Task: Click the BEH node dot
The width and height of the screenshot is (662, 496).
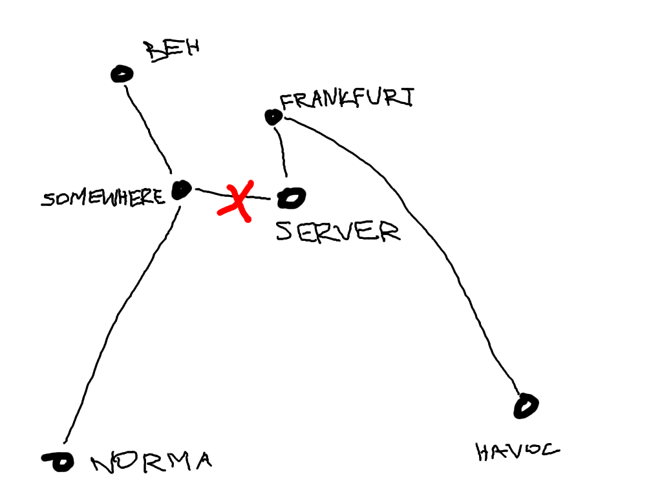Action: (x=121, y=74)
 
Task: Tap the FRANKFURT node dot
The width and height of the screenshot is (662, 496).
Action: (x=273, y=117)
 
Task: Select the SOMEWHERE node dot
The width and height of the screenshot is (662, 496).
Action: (x=182, y=190)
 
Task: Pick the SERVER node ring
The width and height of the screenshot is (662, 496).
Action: (x=290, y=198)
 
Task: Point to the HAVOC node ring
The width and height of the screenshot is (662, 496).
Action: (x=526, y=406)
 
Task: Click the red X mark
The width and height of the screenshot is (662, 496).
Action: (x=235, y=201)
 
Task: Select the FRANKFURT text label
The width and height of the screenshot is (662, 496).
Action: (x=347, y=99)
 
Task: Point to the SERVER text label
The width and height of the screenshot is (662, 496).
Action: (x=338, y=231)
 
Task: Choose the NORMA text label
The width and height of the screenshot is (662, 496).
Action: (x=152, y=462)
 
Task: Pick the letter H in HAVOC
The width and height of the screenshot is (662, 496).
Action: (x=485, y=452)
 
